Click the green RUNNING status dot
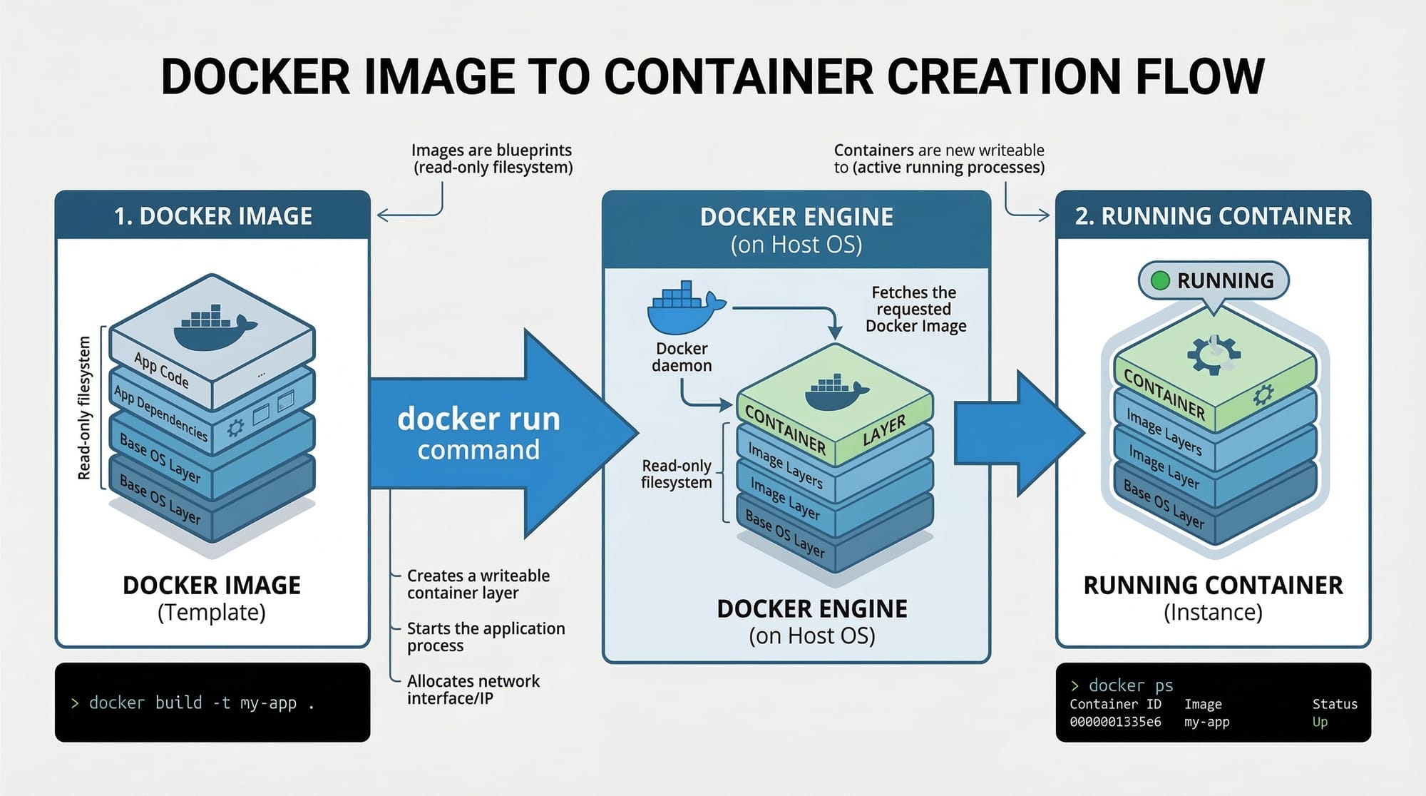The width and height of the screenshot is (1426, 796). [1160, 280]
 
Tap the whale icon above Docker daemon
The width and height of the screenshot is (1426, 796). [683, 308]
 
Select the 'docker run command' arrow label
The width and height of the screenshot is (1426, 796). [478, 433]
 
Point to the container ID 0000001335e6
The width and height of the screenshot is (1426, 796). [1115, 722]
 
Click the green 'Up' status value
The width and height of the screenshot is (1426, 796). [1320, 722]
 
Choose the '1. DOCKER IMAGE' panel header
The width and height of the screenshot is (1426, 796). [212, 215]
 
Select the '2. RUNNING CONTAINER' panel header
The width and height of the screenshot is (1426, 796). [1213, 215]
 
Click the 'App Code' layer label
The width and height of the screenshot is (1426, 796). [162, 370]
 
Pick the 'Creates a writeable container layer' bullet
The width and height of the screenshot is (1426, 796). [478, 584]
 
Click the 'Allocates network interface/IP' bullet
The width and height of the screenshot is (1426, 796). [473, 690]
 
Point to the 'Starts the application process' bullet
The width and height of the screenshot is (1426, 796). [486, 637]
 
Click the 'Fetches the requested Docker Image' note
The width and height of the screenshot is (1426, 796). [915, 309]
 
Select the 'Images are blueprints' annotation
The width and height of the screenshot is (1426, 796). [492, 158]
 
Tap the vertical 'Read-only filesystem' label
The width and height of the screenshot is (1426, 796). [84, 408]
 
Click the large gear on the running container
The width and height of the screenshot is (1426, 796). [1214, 354]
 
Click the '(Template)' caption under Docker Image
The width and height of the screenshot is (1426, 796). [212, 613]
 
